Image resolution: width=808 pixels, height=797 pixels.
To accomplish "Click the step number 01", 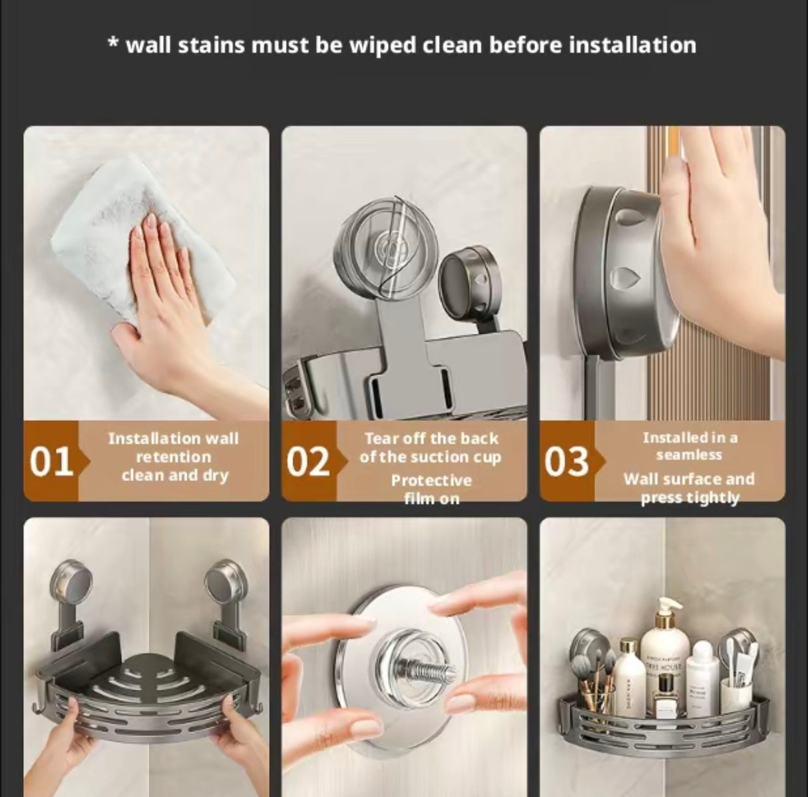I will [51, 461].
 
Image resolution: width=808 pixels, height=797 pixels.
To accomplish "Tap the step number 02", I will [308, 461].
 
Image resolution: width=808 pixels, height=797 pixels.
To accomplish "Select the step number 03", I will [566, 461].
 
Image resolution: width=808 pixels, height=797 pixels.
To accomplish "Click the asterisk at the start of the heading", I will [113, 44].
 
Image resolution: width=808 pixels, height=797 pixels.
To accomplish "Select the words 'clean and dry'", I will [174, 475].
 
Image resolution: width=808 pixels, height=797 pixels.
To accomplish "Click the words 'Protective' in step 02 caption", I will [431, 480].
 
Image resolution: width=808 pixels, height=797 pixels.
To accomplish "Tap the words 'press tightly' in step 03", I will [690, 498].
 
